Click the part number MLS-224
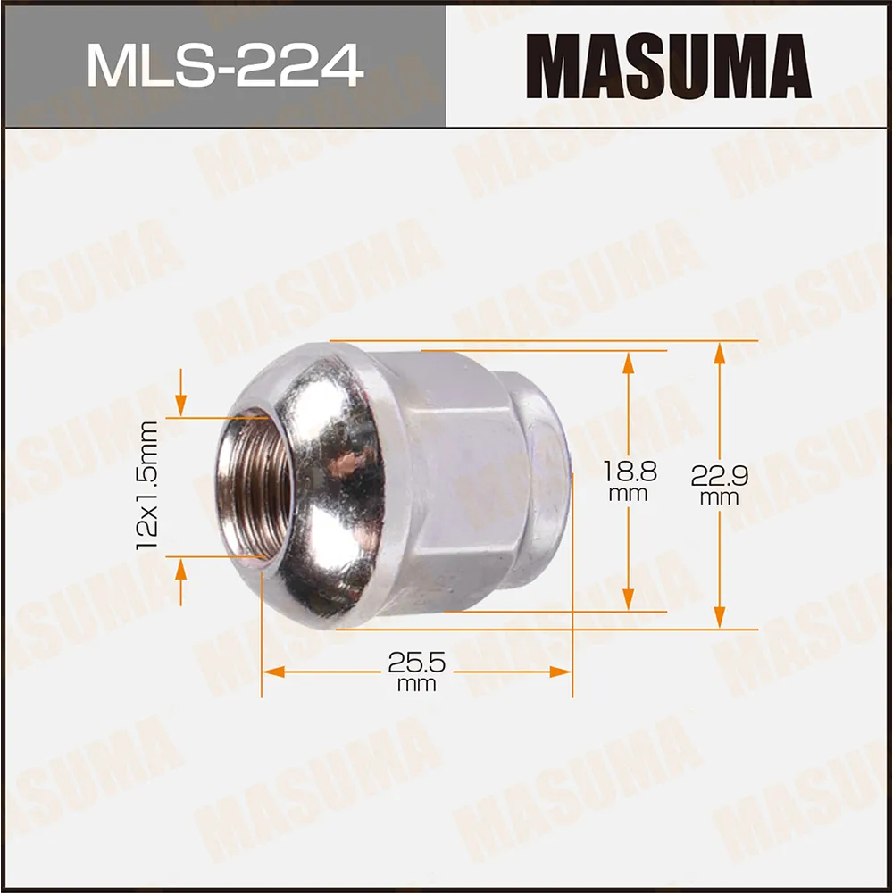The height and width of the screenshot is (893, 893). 224,65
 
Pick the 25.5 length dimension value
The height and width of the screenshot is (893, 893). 416,663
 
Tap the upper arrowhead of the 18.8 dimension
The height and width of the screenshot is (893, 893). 629,362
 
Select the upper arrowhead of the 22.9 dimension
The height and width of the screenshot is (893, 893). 719,352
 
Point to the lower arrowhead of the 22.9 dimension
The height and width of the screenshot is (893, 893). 719,618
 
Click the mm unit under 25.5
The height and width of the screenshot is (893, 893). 416,685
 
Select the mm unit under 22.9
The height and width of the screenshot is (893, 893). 719,498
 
